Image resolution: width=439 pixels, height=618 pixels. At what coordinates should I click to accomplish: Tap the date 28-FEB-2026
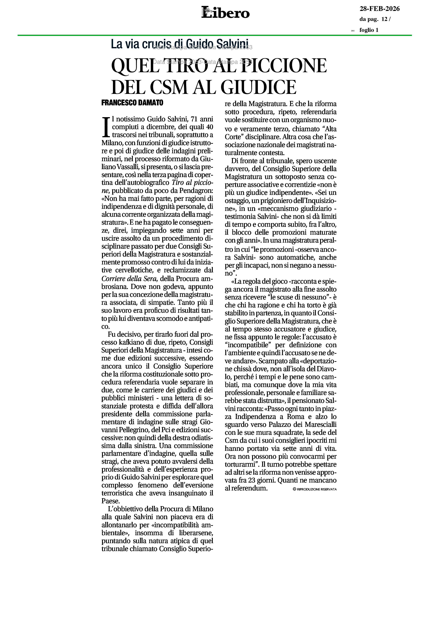[x=379, y=9]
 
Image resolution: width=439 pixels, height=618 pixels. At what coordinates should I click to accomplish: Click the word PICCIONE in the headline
[x=284, y=66]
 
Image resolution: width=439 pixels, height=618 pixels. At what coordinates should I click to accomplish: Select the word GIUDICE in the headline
[x=258, y=87]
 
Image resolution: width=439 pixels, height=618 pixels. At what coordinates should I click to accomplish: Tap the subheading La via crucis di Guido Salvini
[x=180, y=44]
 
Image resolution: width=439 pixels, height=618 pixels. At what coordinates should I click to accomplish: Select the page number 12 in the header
[x=384, y=19]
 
